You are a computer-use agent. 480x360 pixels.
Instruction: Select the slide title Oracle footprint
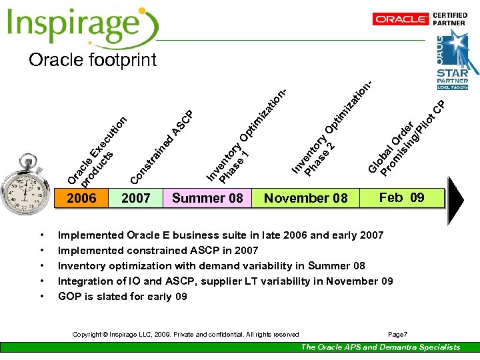93,60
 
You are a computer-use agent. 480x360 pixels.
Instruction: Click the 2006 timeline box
81,198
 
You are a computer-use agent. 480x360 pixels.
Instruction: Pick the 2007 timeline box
136,198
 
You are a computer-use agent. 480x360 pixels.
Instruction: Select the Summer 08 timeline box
207,198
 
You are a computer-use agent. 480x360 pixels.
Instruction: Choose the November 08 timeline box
305,198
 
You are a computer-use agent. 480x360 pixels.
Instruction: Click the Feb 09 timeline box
401,197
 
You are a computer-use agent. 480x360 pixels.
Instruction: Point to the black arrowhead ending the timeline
455,199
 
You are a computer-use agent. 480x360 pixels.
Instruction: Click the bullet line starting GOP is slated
123,297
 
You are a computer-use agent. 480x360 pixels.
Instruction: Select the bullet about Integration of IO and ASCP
225,281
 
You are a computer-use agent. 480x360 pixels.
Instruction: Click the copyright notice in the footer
186,334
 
